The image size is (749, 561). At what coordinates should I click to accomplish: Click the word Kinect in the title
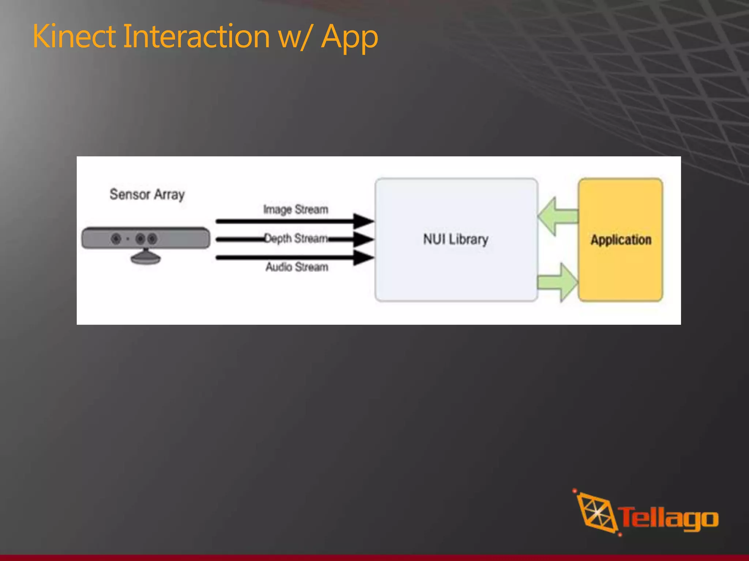tap(74, 37)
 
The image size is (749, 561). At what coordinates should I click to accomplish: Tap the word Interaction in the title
tap(196, 37)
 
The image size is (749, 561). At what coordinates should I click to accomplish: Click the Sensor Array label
tap(147, 195)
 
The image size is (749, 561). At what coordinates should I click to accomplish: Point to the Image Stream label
tap(296, 210)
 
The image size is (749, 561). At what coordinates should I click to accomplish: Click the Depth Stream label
tap(296, 238)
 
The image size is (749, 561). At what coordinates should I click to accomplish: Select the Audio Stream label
tap(297, 267)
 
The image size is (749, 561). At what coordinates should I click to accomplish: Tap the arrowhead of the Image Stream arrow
tap(363, 221)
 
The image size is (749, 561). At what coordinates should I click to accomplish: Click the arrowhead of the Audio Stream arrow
tap(363, 257)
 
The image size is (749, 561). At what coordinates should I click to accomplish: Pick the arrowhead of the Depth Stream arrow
tap(363, 240)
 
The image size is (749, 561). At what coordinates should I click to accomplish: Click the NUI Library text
tap(456, 240)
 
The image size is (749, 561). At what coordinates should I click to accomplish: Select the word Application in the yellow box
tap(621, 240)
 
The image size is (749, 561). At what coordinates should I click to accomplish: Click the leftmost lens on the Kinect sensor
tap(116, 239)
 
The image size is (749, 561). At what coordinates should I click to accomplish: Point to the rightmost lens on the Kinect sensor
tap(152, 239)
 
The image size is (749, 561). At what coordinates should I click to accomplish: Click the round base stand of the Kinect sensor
tap(146, 258)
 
